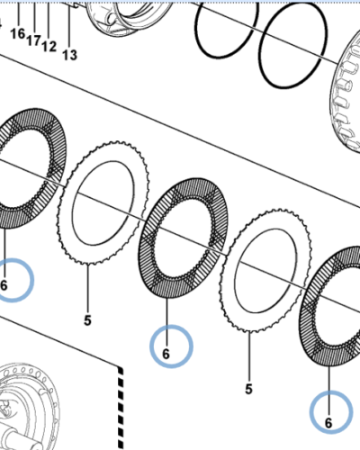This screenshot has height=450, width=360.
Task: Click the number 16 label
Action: (17, 34)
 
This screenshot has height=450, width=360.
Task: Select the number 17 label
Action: (33, 40)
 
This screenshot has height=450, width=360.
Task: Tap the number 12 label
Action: (49, 46)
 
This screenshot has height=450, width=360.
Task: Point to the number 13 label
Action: (69, 55)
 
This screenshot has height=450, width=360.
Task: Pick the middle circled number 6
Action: (166, 354)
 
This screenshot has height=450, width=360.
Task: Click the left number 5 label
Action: (88, 319)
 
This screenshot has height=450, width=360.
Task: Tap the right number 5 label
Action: (248, 389)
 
